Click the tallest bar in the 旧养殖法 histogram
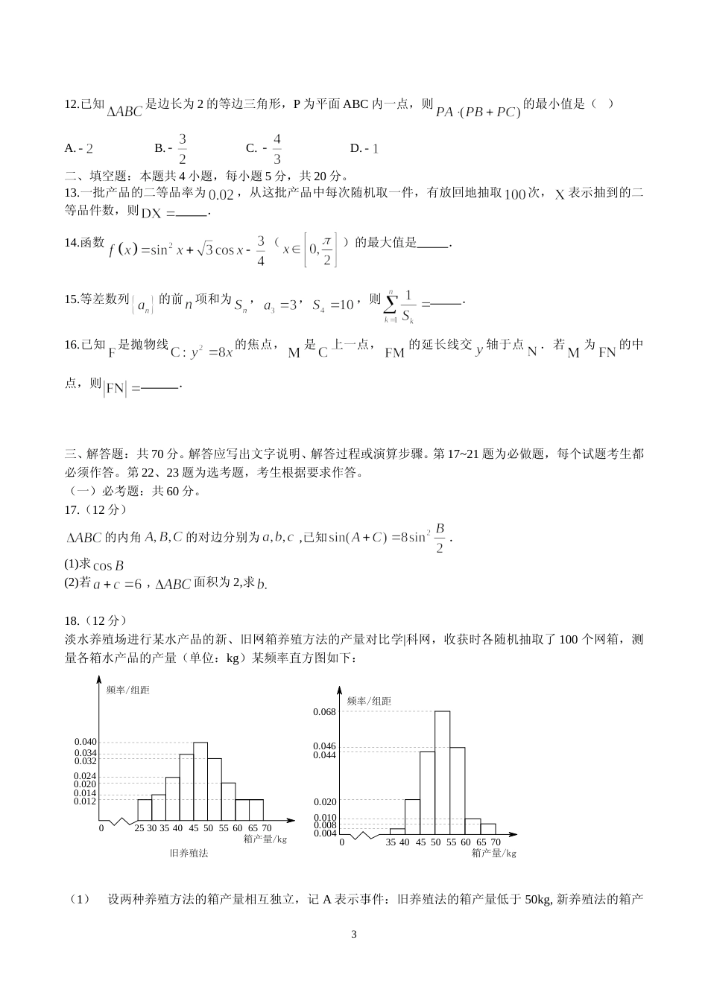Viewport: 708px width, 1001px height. (200, 781)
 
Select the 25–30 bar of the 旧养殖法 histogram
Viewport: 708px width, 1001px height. (145, 810)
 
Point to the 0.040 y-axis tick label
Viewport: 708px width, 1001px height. (85, 742)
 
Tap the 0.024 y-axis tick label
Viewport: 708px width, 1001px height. (85, 776)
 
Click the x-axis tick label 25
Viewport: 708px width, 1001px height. (139, 828)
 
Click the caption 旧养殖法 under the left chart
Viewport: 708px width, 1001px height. (189, 853)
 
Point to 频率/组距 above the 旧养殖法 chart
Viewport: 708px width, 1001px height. (127, 690)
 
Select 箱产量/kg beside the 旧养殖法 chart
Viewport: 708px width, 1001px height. (265, 839)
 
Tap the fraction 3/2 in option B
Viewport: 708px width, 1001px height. (183, 148)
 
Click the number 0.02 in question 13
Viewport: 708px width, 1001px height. (221, 195)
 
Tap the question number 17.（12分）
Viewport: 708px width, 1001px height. (96, 509)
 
